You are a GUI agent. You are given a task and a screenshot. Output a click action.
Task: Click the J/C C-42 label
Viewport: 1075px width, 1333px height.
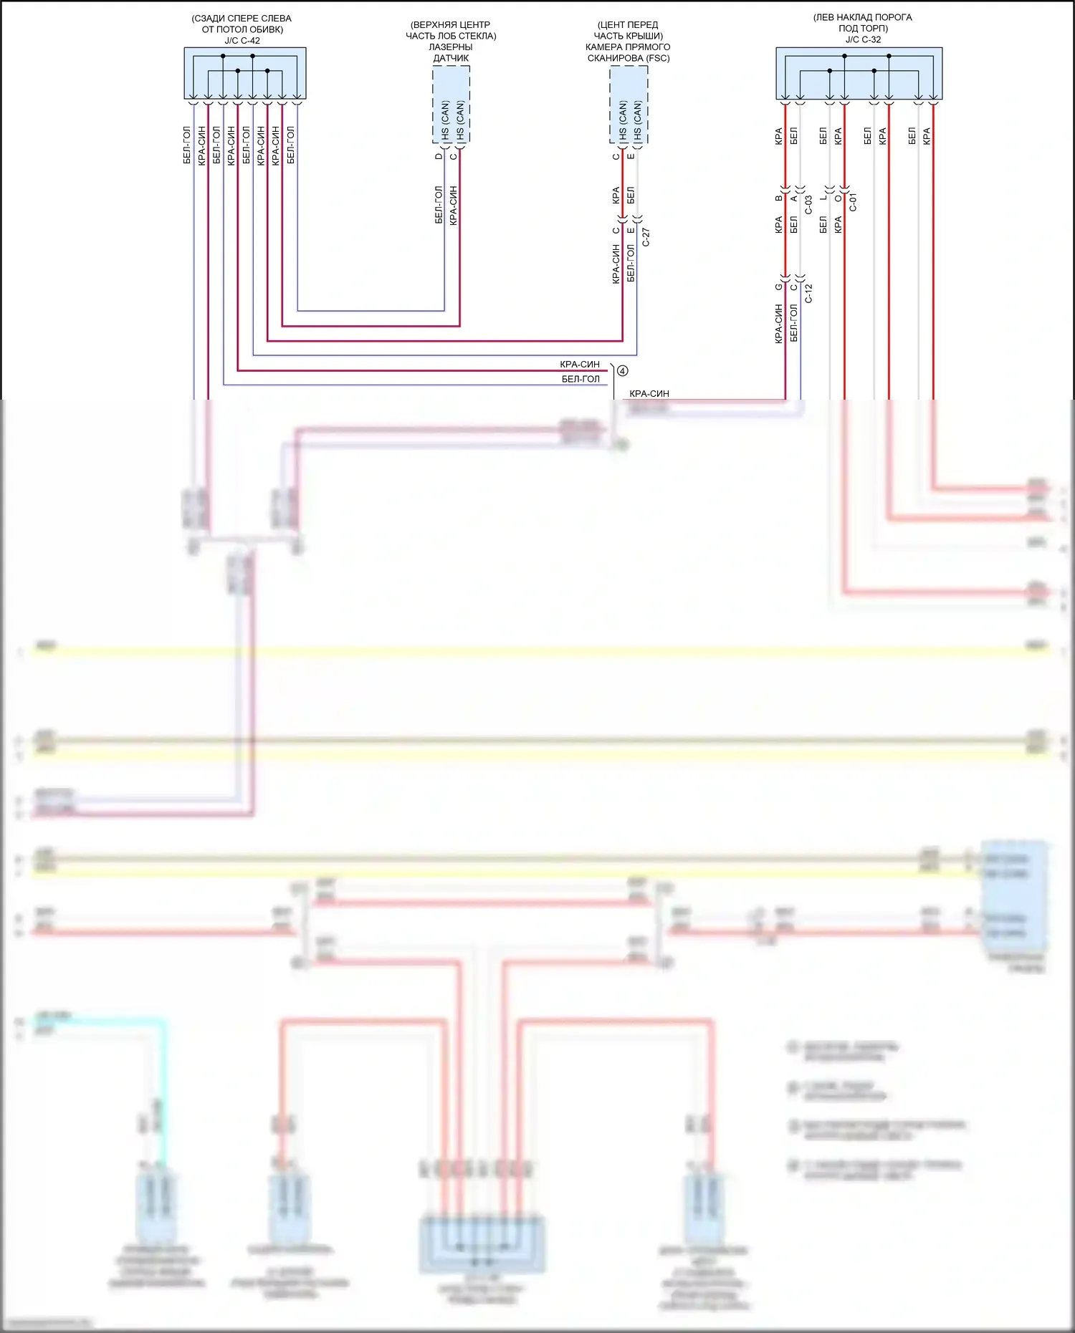click(242, 41)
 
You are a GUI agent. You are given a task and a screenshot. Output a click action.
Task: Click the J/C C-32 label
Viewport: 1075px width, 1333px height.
click(863, 39)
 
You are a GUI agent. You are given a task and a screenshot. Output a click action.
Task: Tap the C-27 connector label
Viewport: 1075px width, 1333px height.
click(646, 238)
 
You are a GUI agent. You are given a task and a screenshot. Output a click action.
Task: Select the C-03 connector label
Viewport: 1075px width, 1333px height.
click(808, 205)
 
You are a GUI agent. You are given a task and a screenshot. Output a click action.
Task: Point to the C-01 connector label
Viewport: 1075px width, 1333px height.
click(853, 203)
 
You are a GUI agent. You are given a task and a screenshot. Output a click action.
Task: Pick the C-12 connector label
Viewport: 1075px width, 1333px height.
click(808, 293)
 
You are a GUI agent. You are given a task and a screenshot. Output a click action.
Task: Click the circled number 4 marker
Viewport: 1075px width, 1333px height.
click(622, 371)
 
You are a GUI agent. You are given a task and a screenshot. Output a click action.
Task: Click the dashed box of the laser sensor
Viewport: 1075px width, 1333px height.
click(451, 105)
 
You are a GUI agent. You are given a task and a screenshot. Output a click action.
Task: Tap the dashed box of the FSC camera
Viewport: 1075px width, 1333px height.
click(629, 105)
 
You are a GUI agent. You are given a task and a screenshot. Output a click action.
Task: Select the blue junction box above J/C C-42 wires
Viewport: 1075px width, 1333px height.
click(245, 73)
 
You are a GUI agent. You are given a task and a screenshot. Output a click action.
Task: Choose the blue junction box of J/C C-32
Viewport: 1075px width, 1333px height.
click(859, 73)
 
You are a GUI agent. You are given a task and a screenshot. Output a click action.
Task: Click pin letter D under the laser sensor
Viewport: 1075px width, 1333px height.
click(439, 156)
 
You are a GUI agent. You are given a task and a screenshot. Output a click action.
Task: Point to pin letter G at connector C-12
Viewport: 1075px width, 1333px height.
click(778, 287)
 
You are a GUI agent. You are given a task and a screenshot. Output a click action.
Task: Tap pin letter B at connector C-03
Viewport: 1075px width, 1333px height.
click(778, 198)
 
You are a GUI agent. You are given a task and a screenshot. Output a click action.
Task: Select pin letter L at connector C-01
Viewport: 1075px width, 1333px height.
click(823, 198)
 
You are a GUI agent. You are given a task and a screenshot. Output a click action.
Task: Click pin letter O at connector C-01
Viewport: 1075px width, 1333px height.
click(838, 198)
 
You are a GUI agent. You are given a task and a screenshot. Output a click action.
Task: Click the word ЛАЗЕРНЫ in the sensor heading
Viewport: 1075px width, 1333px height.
click(451, 47)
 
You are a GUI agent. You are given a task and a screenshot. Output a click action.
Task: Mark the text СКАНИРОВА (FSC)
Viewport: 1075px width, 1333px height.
click(629, 58)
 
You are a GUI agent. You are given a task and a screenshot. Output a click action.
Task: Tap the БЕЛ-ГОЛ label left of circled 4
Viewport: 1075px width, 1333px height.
click(580, 379)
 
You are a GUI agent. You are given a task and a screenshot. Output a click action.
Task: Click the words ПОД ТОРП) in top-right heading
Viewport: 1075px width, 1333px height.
click(863, 29)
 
